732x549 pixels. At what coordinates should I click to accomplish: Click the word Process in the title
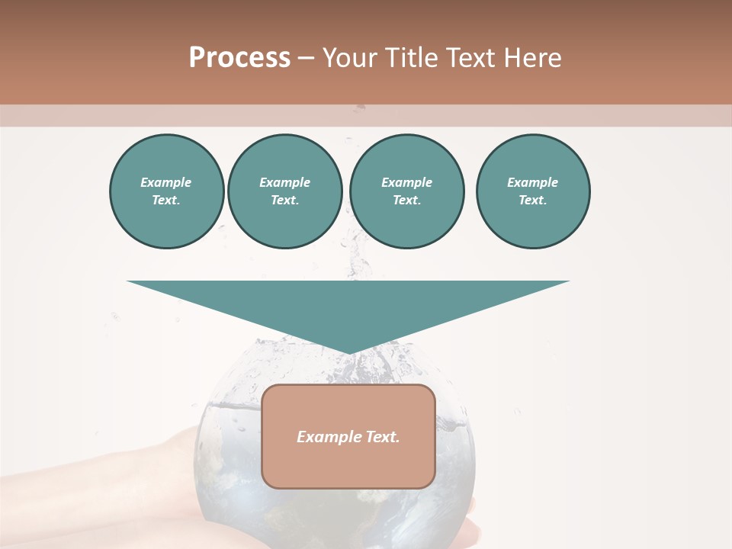pos(239,58)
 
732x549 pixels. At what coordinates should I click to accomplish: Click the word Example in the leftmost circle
pos(166,182)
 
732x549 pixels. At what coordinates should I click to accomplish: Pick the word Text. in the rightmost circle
pos(532,200)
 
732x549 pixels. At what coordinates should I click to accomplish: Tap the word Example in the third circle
pos(406,182)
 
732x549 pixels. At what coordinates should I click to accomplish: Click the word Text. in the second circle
pos(284,200)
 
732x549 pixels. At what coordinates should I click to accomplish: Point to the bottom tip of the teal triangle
pos(349,352)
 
